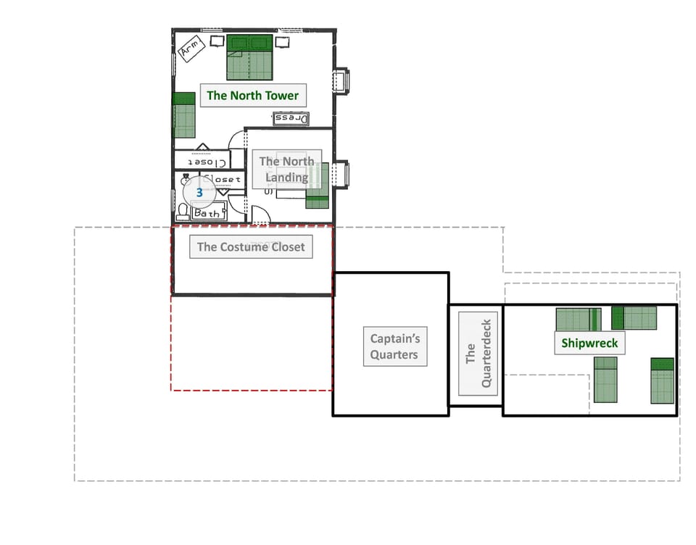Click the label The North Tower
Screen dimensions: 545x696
pyautogui.click(x=252, y=95)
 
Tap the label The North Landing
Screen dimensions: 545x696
pyautogui.click(x=286, y=170)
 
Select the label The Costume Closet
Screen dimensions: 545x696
pyautogui.click(x=251, y=246)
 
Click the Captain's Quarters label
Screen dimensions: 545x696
pyautogui.click(x=394, y=346)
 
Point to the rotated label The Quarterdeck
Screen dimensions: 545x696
pyautogui.click(x=478, y=354)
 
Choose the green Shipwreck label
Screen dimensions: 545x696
pyautogui.click(x=590, y=343)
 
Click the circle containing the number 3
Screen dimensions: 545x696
pyautogui.click(x=199, y=193)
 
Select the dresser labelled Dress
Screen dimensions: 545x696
pyautogui.click(x=291, y=118)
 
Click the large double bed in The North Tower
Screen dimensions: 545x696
pyautogui.click(x=250, y=57)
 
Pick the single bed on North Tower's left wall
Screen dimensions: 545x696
pyautogui.click(x=184, y=115)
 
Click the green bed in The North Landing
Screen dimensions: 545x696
pyautogui.click(x=318, y=186)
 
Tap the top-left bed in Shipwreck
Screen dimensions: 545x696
pyautogui.click(x=578, y=319)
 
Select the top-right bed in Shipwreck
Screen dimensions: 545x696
pyautogui.click(x=634, y=317)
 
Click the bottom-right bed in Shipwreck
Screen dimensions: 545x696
pyautogui.click(x=662, y=380)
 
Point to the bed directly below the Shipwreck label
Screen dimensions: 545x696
pyautogui.click(x=605, y=379)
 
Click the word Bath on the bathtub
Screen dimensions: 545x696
pyautogui.click(x=207, y=213)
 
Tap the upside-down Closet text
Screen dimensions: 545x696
pyautogui.click(x=202, y=160)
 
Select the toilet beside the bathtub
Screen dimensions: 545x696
pyautogui.click(x=183, y=212)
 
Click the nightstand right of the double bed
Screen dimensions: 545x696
pyautogui.click(x=283, y=42)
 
